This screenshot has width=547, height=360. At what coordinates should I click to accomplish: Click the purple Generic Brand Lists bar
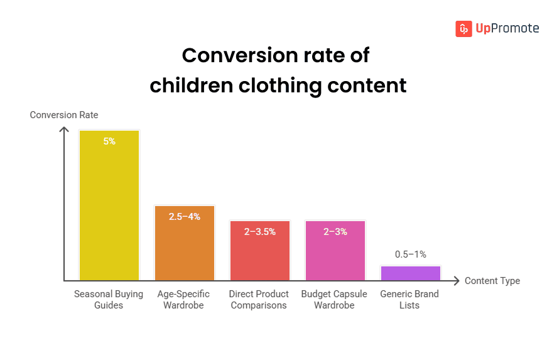coord(411,273)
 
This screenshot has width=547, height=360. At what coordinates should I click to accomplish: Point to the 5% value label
coord(109,141)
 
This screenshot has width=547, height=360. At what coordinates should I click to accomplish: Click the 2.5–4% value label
coord(185,216)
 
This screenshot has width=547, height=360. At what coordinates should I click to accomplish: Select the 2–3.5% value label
coord(260,231)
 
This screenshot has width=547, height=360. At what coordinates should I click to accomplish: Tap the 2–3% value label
coord(335,231)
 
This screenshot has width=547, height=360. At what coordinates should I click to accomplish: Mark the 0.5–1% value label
coord(411,254)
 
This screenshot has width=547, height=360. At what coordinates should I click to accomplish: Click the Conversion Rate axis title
coord(64,115)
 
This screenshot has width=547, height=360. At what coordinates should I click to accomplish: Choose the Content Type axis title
coord(492,281)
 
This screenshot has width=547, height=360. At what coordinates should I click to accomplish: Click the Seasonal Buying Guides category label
coord(109,300)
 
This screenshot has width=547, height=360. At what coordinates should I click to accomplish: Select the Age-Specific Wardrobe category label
coord(184,300)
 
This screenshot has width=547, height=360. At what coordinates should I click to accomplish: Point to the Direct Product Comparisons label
coord(259,300)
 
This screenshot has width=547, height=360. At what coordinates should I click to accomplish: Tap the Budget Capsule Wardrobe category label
coord(335,300)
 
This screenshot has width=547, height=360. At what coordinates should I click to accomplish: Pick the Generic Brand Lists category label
coord(409,300)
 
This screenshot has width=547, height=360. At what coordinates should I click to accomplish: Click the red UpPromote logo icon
coord(463,28)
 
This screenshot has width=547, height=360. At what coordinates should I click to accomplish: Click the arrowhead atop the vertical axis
coord(63,129)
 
